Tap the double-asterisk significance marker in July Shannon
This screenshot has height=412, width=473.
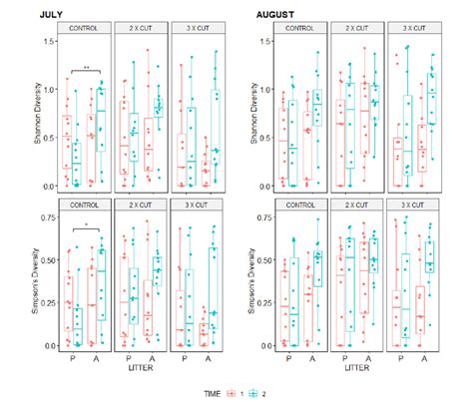coord(87,67)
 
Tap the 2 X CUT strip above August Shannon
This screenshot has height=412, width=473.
coord(358,30)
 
